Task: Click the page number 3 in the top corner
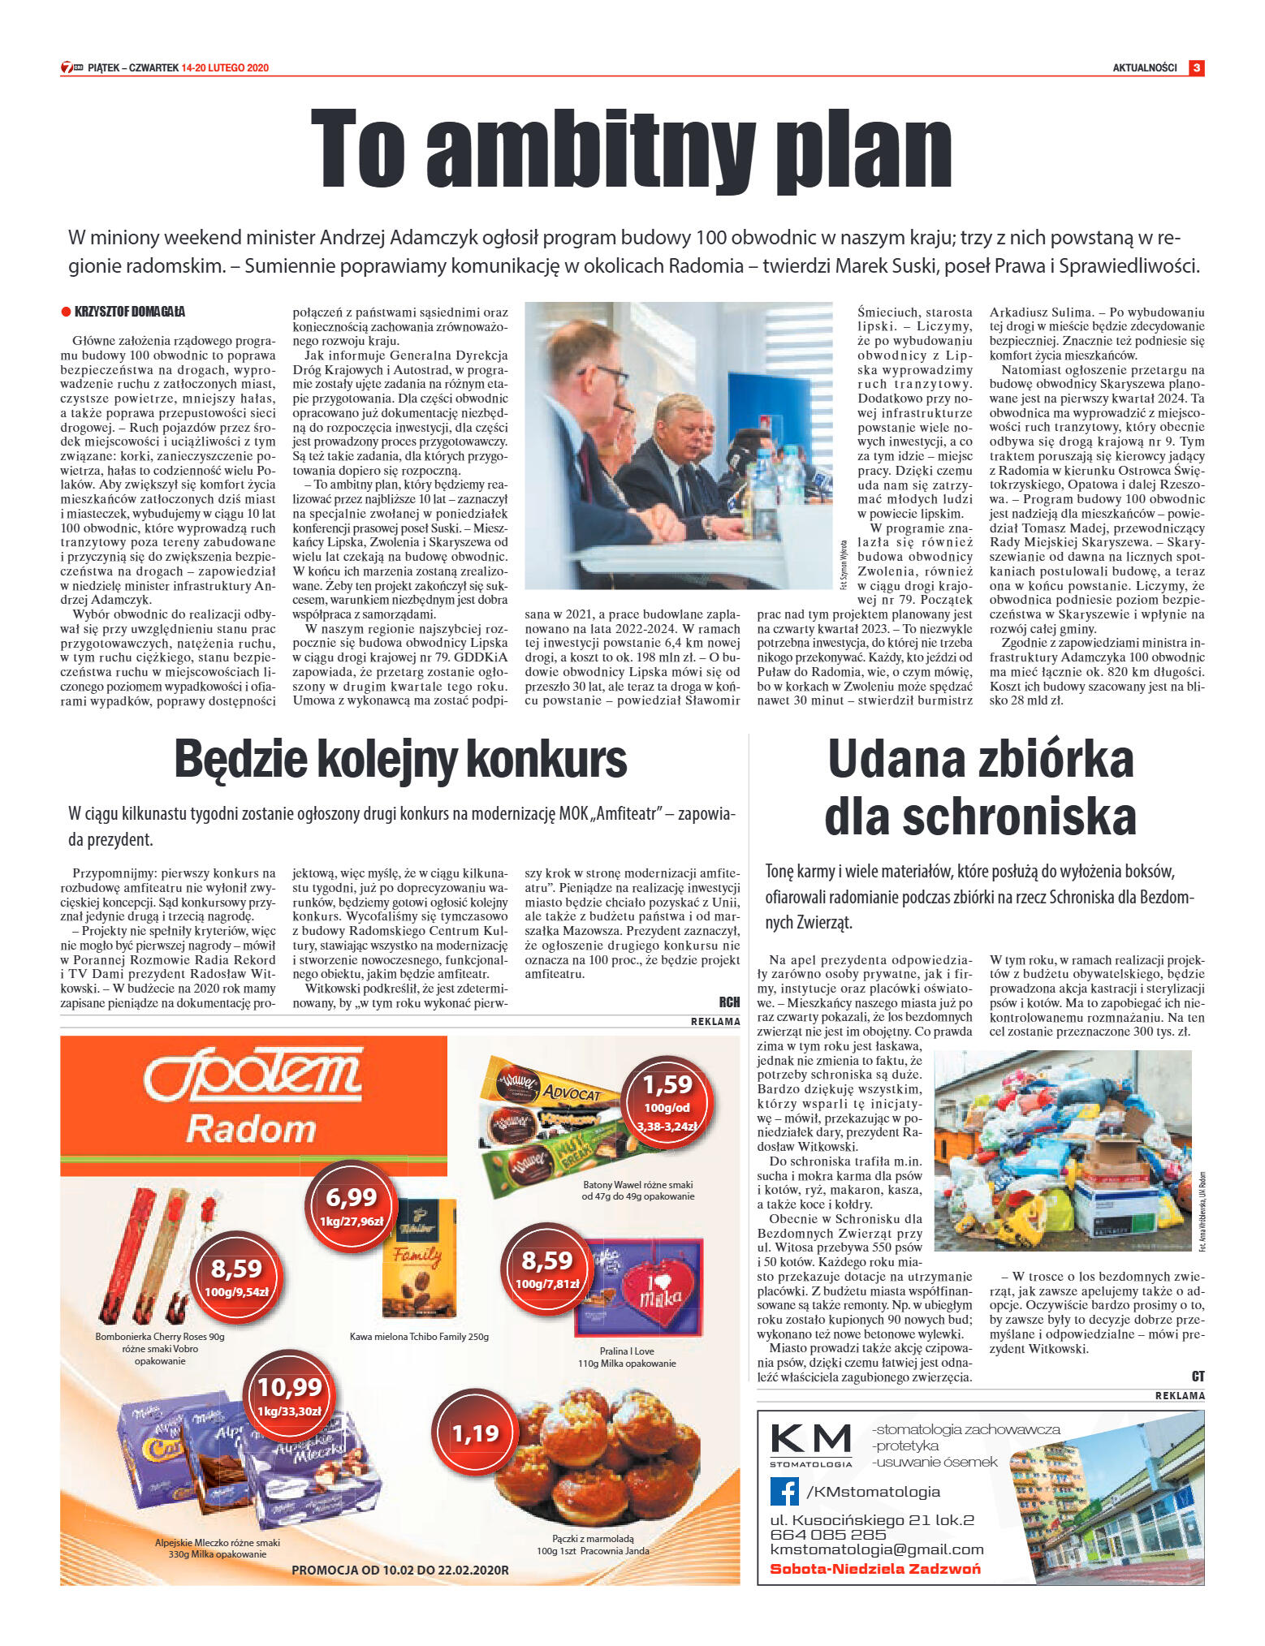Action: coord(1196,67)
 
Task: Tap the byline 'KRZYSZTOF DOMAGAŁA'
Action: coord(129,312)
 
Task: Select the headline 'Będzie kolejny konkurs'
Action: coord(400,760)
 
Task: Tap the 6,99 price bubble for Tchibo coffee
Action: coord(352,1204)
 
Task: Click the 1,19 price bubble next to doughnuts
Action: coord(475,1433)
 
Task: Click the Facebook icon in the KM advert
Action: coord(784,1491)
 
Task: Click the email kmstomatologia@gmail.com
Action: coord(876,1549)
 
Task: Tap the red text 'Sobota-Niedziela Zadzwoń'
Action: coord(874,1569)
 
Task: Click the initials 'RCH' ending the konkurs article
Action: coord(729,1002)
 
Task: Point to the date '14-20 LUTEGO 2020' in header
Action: coord(225,68)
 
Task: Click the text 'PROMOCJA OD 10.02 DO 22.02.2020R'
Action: coord(399,1570)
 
